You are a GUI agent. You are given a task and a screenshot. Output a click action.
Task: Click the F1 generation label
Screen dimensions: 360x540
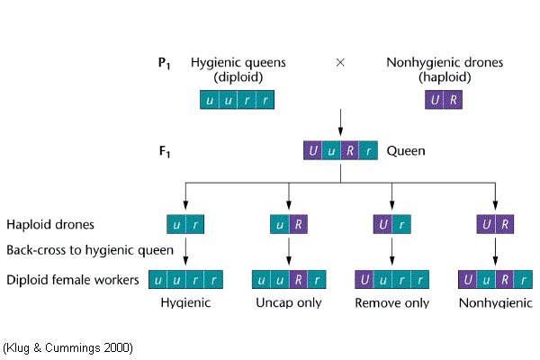click(x=164, y=150)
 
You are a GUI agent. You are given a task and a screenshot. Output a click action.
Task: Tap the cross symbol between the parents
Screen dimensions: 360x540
click(x=340, y=63)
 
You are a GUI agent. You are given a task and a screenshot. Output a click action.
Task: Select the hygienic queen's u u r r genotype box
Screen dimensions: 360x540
click(x=237, y=100)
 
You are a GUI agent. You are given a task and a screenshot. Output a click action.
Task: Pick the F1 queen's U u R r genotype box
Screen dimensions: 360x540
click(x=340, y=151)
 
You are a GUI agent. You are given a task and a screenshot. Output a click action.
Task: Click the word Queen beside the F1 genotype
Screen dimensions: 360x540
click(x=405, y=150)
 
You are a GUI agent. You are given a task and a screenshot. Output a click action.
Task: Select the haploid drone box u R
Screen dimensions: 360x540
click(x=288, y=224)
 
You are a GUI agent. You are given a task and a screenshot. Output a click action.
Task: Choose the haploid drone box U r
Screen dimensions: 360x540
click(x=391, y=224)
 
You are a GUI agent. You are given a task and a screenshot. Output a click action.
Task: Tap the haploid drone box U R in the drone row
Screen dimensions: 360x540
click(x=495, y=224)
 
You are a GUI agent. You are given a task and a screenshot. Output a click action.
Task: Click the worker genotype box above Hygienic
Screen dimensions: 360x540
click(x=185, y=280)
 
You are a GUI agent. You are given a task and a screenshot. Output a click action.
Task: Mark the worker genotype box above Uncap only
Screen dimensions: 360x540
click(x=288, y=280)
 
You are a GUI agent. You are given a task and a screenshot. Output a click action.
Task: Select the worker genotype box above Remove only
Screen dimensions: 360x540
click(x=391, y=280)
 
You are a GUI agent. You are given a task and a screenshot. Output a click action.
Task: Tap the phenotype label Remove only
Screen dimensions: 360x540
click(x=391, y=303)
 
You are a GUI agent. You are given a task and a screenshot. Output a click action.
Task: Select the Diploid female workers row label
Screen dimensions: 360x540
click(x=72, y=280)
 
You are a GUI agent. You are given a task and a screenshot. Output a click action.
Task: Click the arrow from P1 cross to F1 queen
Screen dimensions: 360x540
click(x=340, y=121)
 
